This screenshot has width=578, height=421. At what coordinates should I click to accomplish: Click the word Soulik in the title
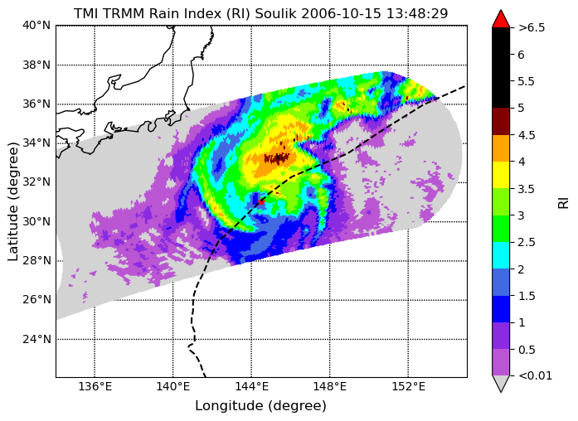point(276,13)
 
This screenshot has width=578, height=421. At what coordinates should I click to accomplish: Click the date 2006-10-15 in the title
point(342,13)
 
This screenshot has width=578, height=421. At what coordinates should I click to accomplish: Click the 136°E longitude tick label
point(95,387)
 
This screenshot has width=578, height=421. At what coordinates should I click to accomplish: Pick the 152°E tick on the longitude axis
point(408,387)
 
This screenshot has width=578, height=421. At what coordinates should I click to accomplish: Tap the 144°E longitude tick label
point(251,387)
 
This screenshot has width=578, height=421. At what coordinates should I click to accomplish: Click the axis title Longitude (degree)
point(260,406)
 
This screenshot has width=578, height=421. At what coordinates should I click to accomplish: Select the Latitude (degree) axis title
point(12,202)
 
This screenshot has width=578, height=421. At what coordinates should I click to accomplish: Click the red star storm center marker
point(261,202)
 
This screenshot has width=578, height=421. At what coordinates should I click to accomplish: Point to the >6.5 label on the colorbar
point(532,27)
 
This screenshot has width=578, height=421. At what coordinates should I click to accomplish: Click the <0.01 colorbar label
point(535,376)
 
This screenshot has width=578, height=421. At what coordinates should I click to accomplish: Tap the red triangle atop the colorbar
point(501,20)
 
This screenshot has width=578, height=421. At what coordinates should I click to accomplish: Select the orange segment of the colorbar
point(501,148)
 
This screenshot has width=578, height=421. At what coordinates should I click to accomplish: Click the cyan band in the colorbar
point(501,255)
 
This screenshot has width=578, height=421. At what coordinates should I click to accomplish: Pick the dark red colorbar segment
point(501,121)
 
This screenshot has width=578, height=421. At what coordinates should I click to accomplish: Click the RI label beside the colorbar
point(564,203)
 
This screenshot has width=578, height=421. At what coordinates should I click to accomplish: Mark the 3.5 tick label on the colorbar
point(527,189)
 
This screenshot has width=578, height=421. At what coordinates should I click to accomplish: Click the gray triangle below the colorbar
point(501,383)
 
